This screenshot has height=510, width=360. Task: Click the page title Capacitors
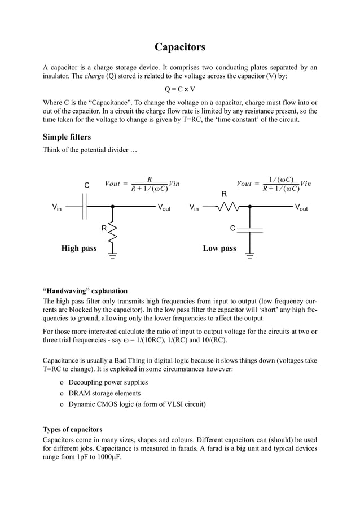pos(180,47)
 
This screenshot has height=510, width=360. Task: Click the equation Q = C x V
pos(180,89)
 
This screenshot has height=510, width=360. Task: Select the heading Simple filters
pos(67,137)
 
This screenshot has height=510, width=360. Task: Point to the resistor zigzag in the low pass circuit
pos(226,207)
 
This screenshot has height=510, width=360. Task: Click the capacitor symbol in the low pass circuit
pos(250,229)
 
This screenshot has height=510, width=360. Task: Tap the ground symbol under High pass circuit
pos(113,255)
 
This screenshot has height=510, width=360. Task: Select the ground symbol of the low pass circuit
pos(250,255)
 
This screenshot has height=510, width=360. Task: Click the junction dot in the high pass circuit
pos(113,207)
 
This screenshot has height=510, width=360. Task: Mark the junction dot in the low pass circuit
pos(250,207)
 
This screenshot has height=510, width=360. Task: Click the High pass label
pos(79,248)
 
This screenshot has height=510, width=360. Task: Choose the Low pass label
pos(219,248)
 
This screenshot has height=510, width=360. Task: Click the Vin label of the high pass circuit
pos(57,207)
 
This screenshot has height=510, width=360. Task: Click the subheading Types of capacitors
pos(73,429)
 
